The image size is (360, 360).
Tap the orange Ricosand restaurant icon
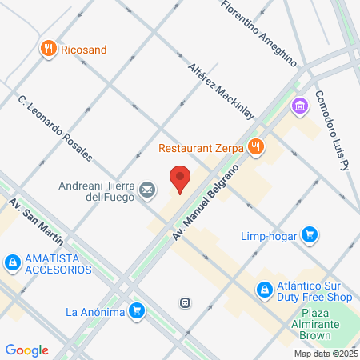coord(50,49)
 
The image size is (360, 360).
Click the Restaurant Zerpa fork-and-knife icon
coord(256,146)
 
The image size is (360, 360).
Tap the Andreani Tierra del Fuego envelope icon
coord(147,189)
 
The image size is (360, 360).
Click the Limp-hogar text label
coord(269,236)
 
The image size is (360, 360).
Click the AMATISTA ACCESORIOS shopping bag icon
coord(12,262)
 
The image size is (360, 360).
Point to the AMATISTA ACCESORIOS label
coord(58,262)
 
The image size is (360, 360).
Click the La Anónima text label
coord(94,311)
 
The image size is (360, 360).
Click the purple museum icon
coord(300,105)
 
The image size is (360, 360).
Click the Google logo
coord(26,350)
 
